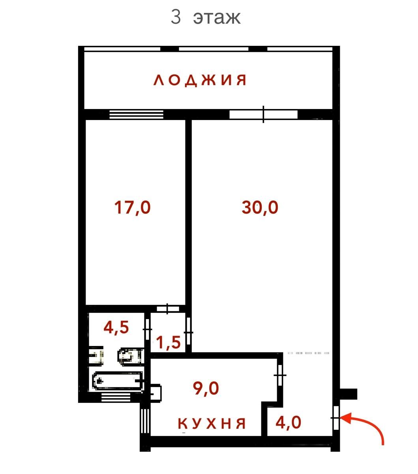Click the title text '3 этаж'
coord(206,17)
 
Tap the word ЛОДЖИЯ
coord(200,80)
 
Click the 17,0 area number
coord(132,207)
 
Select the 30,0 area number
coord(260,207)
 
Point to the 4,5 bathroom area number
coord(116,327)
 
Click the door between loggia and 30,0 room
coord(264,115)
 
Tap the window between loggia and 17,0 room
coord(136,115)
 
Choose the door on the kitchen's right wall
coord(280,375)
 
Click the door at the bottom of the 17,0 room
coord(168,309)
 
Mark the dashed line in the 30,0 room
coord(308,353)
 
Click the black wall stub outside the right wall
coord(348,394)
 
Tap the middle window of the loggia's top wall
coord(214,49)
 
